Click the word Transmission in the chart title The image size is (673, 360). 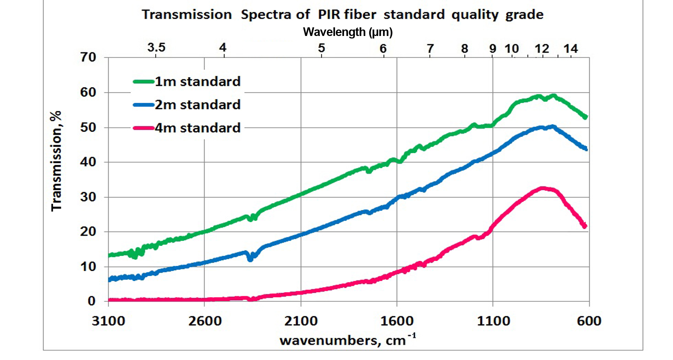[186, 15]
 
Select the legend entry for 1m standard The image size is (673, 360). [197, 82]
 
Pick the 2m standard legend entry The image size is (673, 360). [197, 105]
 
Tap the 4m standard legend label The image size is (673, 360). [197, 128]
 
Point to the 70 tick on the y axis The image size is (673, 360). [88, 57]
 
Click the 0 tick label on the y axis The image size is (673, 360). [92, 301]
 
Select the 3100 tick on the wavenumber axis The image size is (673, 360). [108, 321]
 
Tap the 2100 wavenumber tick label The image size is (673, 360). [301, 321]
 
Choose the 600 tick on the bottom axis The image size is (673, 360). [589, 321]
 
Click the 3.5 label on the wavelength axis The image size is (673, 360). [156, 47]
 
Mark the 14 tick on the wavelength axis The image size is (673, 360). [570, 49]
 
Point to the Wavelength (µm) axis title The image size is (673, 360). [348, 32]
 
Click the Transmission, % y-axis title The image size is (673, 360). [57, 161]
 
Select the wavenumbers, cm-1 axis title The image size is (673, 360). [348, 340]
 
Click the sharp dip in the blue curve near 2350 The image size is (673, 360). [250, 259]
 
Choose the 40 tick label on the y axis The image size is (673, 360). [88, 162]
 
